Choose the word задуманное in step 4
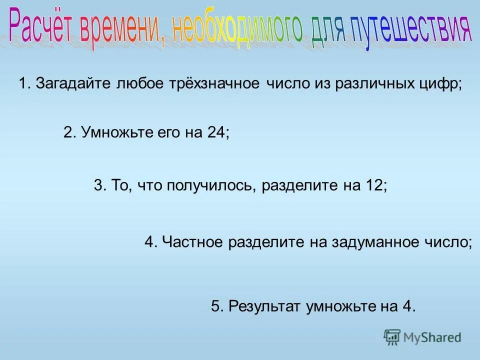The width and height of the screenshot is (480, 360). click(383, 242)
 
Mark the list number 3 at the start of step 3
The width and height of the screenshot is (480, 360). click(98, 185)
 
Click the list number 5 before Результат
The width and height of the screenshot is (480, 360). click(215, 306)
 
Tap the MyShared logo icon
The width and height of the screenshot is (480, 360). click(392, 337)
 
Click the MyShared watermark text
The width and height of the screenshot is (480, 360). click(432, 337)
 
